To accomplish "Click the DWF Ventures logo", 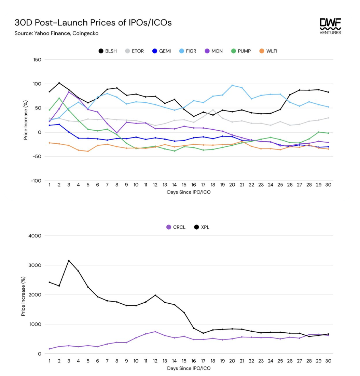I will point(330,26).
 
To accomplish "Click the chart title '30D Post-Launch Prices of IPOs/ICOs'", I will point(93,23).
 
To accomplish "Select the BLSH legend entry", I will point(108,51).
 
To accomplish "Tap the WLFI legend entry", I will point(269,51).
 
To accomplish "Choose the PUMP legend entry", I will point(241,51).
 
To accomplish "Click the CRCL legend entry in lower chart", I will point(176,227).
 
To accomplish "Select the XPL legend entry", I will point(202,227).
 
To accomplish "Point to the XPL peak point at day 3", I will point(69,261).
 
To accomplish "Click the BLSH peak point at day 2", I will point(59,83).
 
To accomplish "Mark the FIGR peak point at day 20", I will point(232,85).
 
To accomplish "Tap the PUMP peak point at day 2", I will point(59,98).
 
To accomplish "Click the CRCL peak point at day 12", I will point(155,332).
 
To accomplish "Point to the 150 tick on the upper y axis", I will point(37,60).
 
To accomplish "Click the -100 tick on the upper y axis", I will point(36,180).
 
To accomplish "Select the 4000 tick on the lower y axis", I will point(35,236).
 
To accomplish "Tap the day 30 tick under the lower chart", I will point(328,361).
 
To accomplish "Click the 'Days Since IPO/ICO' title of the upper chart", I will point(189,192).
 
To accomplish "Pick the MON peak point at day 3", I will point(69,92).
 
